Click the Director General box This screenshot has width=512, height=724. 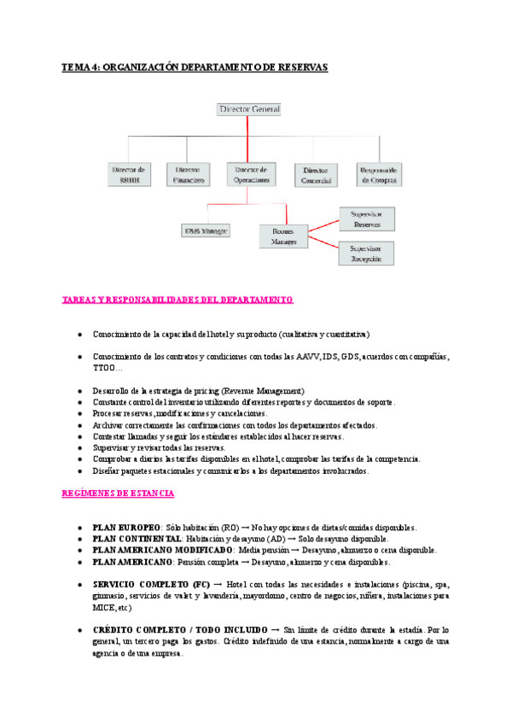point(249,109)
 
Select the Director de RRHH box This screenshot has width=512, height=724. point(130,174)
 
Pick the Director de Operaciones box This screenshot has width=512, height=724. point(252,174)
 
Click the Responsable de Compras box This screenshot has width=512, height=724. point(380,174)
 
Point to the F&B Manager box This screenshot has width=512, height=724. point(207,230)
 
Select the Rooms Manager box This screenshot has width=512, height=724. point(284,236)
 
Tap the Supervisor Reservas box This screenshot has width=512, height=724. point(367,218)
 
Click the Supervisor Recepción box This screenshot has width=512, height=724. point(367,253)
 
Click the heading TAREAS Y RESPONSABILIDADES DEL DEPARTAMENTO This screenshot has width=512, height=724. point(178,301)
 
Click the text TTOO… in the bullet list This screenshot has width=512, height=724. point(107,367)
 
